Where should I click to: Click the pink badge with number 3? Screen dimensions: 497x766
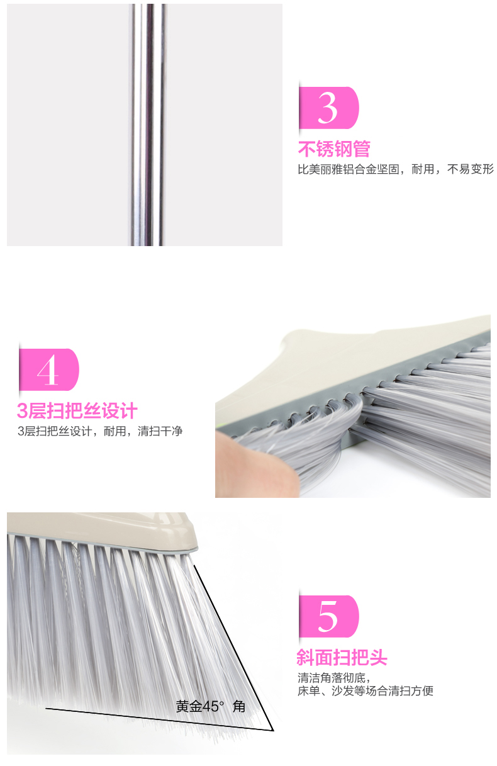tap(328, 108)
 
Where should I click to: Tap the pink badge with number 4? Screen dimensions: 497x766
tap(49, 369)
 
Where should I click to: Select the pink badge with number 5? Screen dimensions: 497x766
tap(328, 616)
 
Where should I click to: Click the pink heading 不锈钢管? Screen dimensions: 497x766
tap(334, 149)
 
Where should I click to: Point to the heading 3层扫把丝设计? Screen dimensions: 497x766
tap(77, 411)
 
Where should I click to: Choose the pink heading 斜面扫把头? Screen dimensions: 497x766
tap(342, 657)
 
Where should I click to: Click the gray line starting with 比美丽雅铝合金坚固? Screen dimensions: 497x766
tap(396, 169)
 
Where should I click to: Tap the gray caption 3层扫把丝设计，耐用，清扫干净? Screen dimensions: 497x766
tap(100, 431)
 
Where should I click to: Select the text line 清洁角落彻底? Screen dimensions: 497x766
tap(334, 677)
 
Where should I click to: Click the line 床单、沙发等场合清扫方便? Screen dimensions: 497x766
tap(366, 690)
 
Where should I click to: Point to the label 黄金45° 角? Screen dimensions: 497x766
tap(211, 706)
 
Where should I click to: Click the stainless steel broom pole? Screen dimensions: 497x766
tap(148, 125)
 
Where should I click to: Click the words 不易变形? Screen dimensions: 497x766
tap(471, 169)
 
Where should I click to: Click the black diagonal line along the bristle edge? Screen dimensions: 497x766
tap(234, 647)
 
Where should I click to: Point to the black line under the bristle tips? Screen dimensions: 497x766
tap(159, 719)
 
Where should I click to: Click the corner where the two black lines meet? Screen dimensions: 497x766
tap(273, 730)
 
